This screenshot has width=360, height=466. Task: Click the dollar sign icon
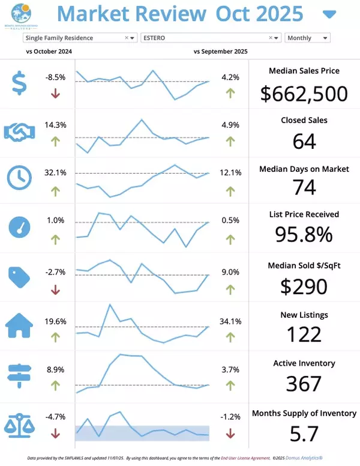click(x=20, y=83)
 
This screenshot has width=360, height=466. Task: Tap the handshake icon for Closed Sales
click(x=20, y=132)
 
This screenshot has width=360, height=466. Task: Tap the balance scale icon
click(x=19, y=423)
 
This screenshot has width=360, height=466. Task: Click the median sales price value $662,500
click(x=304, y=94)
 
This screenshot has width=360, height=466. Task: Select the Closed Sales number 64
click(x=304, y=141)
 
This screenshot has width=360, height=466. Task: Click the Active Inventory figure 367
click(x=304, y=384)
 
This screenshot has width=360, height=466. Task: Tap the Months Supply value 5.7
click(x=304, y=432)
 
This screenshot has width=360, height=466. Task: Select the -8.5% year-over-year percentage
click(x=55, y=77)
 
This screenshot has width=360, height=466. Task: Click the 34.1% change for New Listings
click(x=230, y=321)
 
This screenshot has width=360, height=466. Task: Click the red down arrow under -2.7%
click(x=55, y=290)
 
